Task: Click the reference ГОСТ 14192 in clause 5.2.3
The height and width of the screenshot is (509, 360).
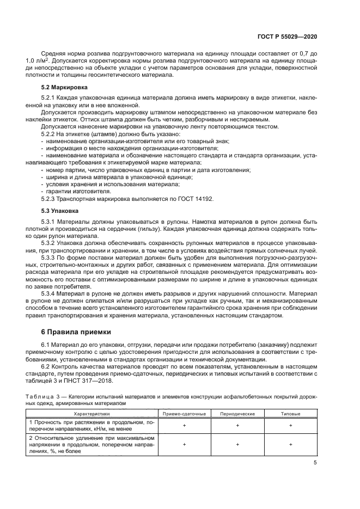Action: tap(196, 199)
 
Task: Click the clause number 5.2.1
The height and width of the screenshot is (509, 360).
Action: tap(50, 97)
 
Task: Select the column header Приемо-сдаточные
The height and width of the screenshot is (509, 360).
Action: tap(185, 414)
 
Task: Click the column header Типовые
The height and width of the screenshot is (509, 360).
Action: tap(290, 414)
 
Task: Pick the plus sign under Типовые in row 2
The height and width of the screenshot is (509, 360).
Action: tap(290, 444)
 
